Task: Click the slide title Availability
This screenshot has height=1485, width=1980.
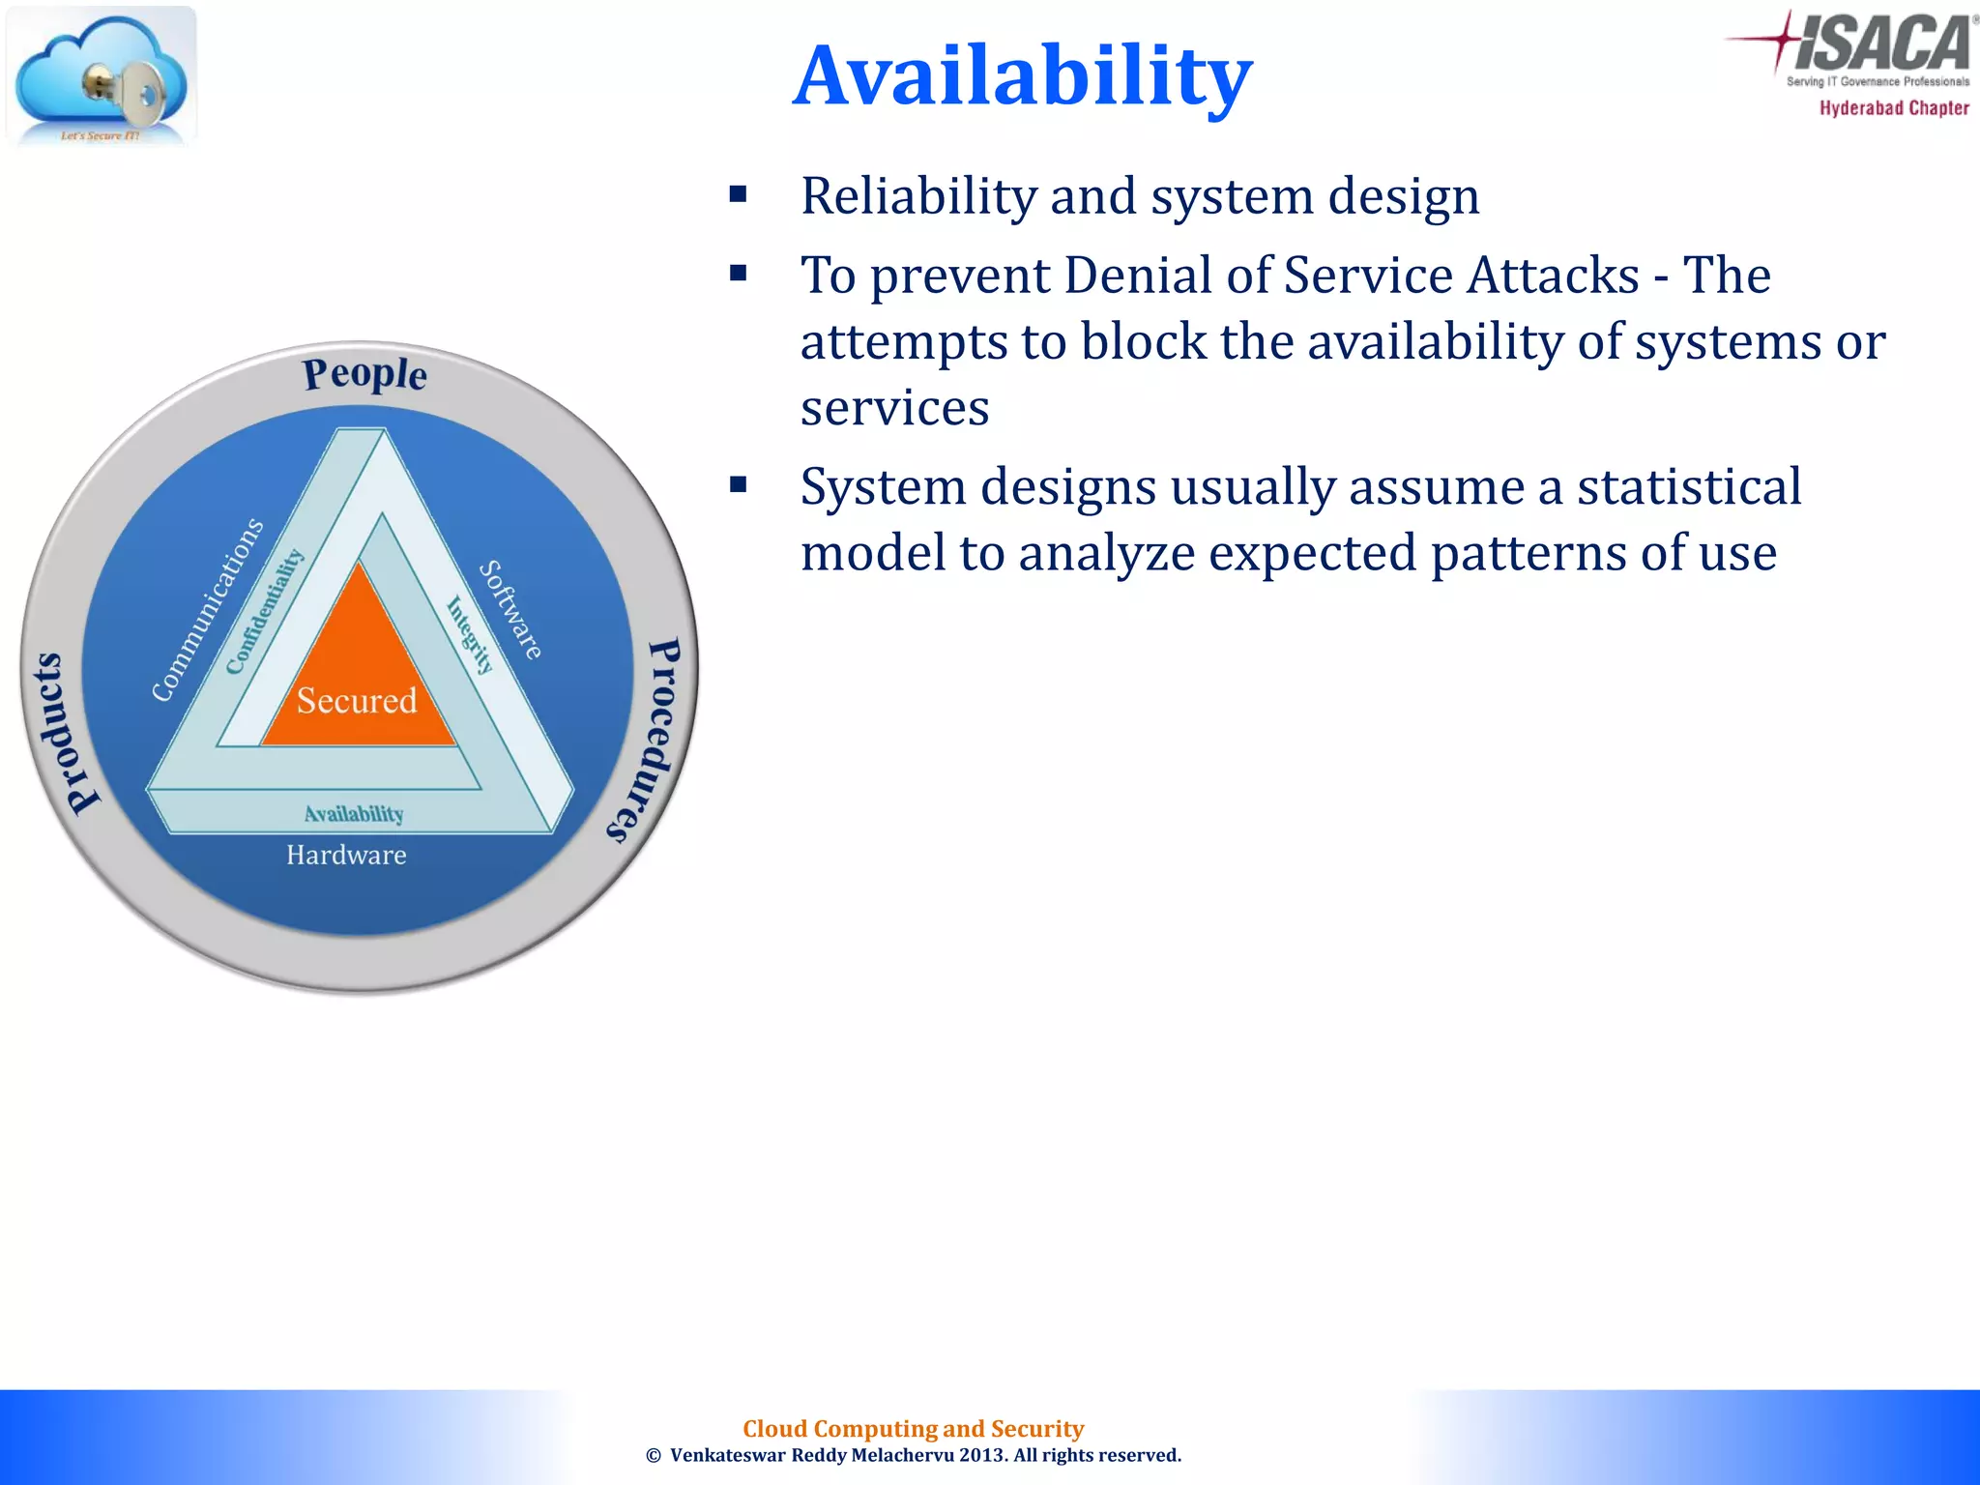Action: (1022, 75)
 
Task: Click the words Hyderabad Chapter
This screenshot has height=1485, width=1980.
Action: (1893, 108)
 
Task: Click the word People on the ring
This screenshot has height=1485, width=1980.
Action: (364, 374)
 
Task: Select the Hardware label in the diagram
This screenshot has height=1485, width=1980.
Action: (346, 856)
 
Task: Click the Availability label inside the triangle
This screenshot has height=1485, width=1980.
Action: (354, 814)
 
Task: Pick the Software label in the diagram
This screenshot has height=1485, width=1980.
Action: (511, 610)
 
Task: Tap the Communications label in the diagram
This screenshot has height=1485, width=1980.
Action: (207, 610)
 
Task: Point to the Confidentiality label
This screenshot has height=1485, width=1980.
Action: (264, 611)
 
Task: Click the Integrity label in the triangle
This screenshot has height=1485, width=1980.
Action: (470, 634)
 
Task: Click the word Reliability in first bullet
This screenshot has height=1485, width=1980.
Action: (917, 196)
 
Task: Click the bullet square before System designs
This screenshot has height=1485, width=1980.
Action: (739, 485)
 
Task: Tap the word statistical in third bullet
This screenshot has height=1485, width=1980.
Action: (1689, 486)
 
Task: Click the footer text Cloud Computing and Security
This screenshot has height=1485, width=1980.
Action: (913, 1428)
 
